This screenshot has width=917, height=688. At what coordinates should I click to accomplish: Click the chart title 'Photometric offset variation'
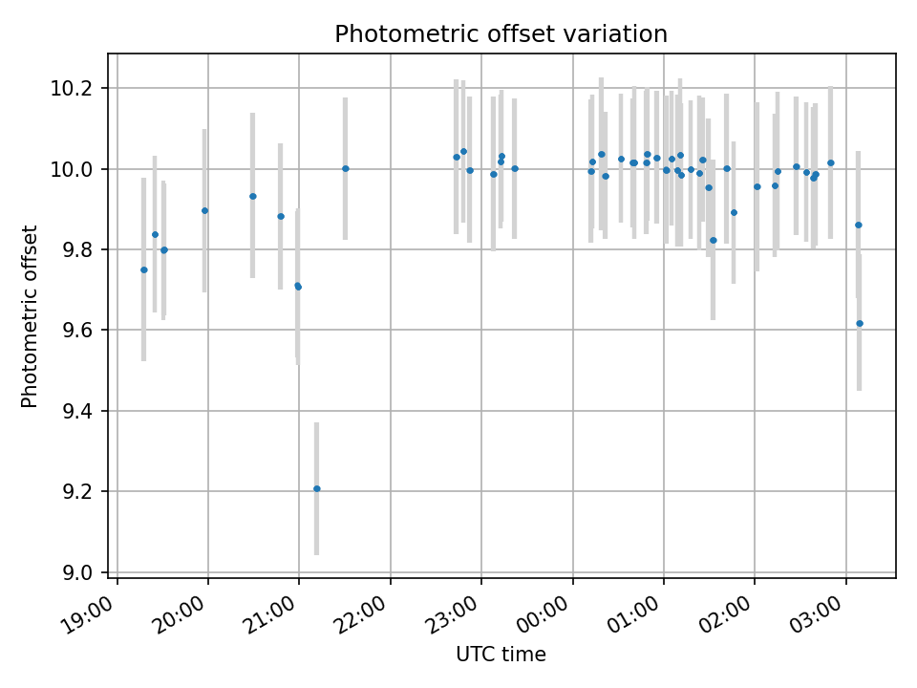[x=501, y=34]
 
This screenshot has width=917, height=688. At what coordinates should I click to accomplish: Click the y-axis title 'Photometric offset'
[x=30, y=316]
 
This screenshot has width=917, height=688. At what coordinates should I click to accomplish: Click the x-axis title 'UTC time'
[x=501, y=655]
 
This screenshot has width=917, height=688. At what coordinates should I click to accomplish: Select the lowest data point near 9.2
[x=316, y=488]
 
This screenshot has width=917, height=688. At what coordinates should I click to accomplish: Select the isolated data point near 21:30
[x=345, y=168]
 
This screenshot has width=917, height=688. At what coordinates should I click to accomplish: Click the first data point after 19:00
[x=143, y=269]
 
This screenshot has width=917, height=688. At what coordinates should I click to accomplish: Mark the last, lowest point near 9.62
[x=859, y=323]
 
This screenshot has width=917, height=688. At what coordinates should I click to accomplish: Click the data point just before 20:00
[x=204, y=210]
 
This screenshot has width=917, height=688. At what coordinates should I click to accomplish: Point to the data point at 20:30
[x=252, y=196]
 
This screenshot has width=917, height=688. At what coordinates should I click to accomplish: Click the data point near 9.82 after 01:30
[x=713, y=240]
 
